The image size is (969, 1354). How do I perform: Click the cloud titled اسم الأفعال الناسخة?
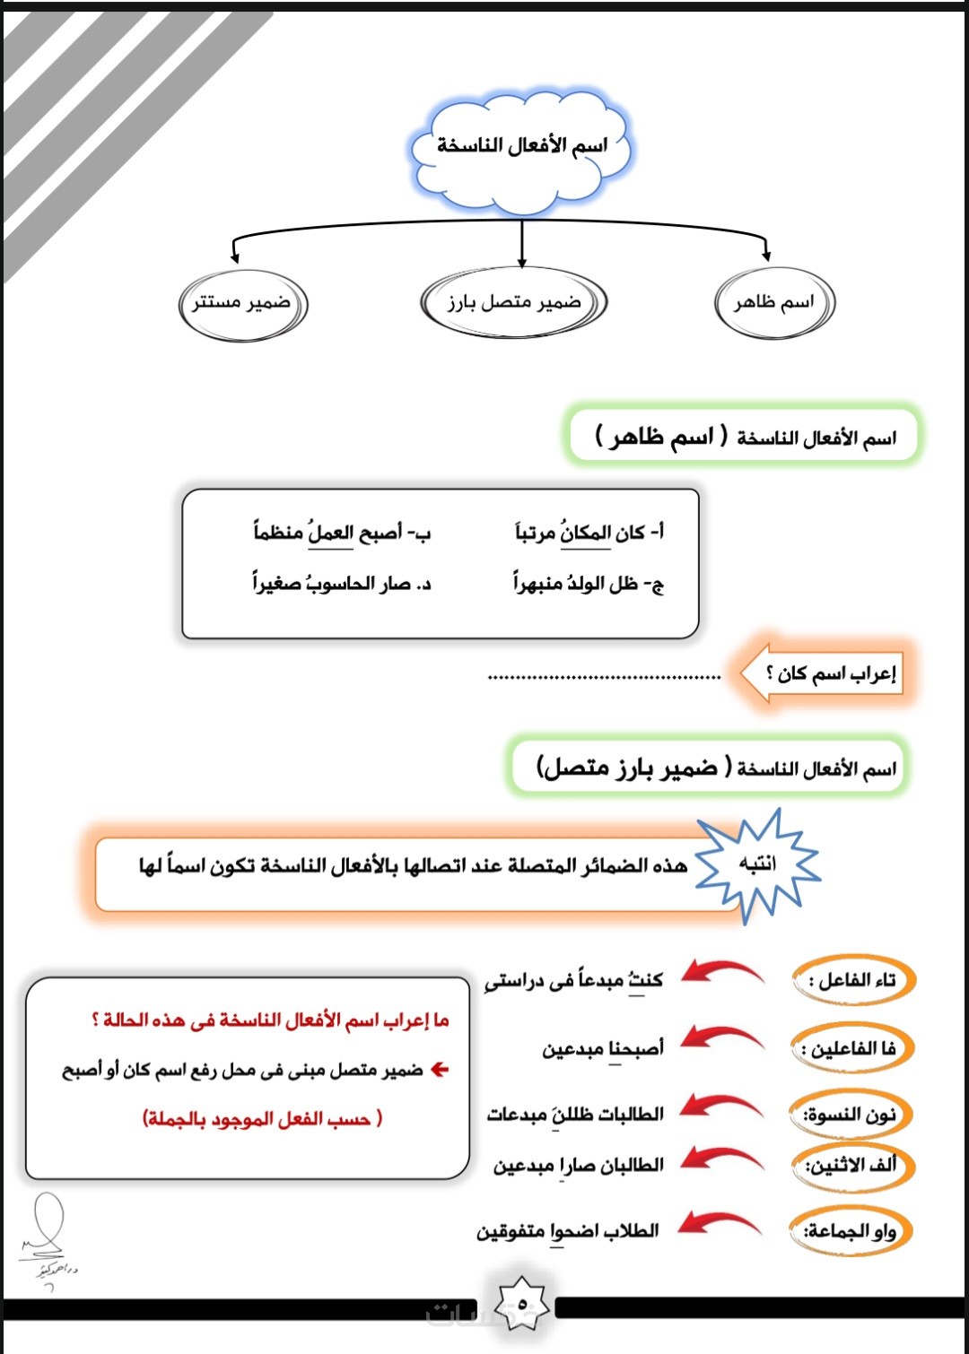tap(521, 146)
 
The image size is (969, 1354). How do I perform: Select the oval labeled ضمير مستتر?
tap(242, 304)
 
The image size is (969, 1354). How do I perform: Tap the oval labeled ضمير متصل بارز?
tap(514, 303)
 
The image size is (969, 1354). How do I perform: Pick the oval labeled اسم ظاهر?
tap(774, 303)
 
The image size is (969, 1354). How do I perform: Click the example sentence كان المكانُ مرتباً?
tap(589, 533)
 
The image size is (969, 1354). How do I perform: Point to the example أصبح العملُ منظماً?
tap(342, 533)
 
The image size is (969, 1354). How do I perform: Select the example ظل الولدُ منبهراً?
tap(589, 584)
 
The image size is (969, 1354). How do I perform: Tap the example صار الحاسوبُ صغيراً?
tap(342, 584)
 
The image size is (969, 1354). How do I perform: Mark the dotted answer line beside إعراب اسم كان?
tap(604, 677)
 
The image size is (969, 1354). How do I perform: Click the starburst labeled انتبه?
tap(757, 864)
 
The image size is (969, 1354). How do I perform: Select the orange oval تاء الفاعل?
tap(853, 980)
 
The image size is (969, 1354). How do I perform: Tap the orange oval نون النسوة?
tap(853, 1115)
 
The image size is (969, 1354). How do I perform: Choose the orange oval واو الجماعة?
tap(851, 1231)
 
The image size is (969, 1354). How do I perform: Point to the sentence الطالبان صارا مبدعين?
tap(579, 1165)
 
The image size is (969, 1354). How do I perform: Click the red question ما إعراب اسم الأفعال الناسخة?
tap(270, 1020)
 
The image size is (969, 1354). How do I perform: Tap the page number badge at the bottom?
tap(523, 1304)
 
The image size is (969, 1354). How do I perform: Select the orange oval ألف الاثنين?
tap(853, 1166)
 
